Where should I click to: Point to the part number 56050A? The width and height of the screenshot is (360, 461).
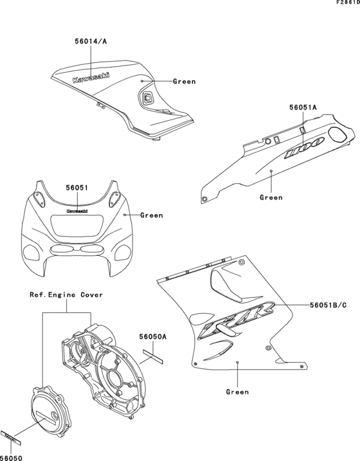click(154, 336)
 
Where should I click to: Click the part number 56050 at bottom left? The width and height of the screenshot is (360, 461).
click(12, 457)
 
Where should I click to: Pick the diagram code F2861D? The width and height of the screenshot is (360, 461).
click(346, 4)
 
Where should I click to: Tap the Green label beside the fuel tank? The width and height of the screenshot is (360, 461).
click(184, 82)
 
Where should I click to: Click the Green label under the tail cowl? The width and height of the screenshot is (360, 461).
click(271, 197)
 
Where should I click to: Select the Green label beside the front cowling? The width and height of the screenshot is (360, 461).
click(152, 215)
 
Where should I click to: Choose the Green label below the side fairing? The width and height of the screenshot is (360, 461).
click(239, 391)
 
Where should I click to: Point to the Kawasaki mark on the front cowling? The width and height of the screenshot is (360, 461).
click(77, 210)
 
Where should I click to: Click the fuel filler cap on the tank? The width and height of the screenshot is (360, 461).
click(147, 98)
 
